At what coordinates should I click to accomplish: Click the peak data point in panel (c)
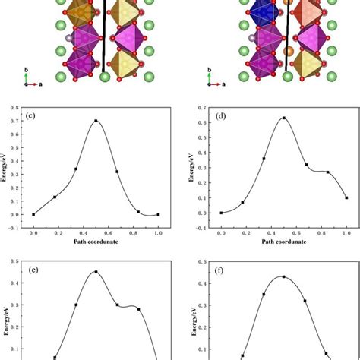tap(96, 121)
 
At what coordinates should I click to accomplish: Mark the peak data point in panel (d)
tap(283, 118)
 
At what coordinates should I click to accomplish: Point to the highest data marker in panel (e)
tap(96, 272)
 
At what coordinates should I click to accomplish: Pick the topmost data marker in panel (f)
tap(283, 276)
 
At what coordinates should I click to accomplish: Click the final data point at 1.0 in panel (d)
tap(346, 197)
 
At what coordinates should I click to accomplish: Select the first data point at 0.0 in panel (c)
tap(33, 214)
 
